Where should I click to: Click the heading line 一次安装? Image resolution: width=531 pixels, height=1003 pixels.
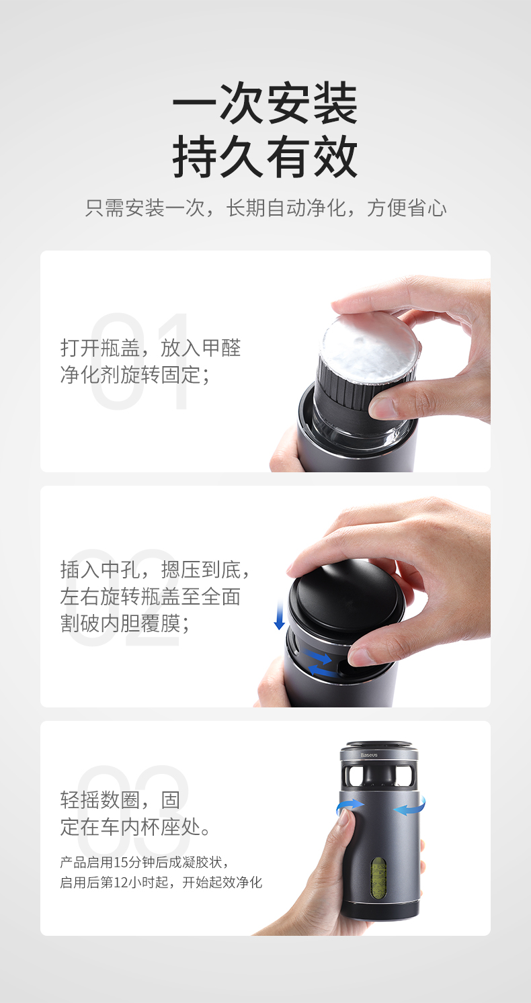click(265, 103)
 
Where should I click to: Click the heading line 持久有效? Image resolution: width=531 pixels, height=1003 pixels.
click(265, 157)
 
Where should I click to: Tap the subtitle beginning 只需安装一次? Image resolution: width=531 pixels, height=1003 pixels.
click(265, 208)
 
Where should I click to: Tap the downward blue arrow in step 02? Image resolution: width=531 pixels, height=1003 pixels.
click(279, 615)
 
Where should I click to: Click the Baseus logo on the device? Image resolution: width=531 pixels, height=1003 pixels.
click(369, 755)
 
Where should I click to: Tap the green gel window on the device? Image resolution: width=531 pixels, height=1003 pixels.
click(378, 878)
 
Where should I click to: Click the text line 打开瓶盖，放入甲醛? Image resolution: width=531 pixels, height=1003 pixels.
click(151, 348)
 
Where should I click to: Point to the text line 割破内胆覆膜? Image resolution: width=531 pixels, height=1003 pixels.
click(125, 623)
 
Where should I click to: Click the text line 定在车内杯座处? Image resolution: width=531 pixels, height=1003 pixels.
click(135, 826)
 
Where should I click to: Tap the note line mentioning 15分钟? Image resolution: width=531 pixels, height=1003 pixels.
click(145, 862)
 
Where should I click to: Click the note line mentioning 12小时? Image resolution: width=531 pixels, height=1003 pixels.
click(161, 883)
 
